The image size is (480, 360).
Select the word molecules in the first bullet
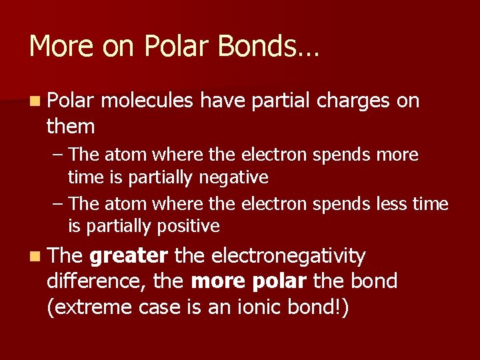149,101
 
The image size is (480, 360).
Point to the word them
71,125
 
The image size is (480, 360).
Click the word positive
188,227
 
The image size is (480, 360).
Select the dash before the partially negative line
57,155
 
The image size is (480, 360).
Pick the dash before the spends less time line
57,203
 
